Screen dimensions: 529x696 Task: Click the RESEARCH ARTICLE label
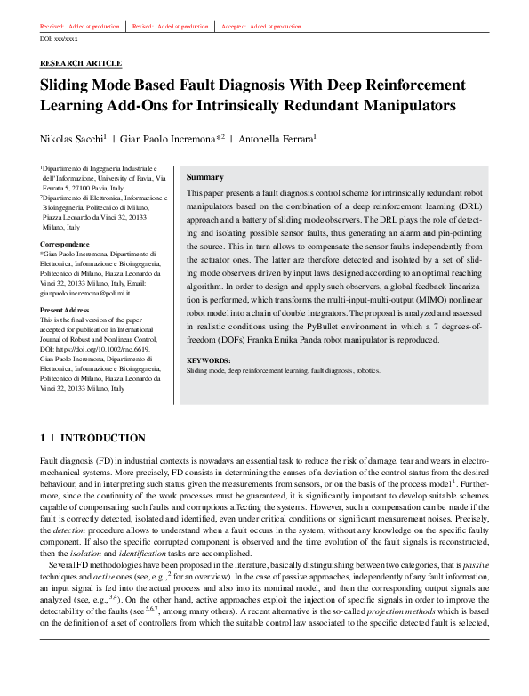pos(81,64)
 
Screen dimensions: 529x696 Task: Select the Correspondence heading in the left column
pos(65,243)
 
